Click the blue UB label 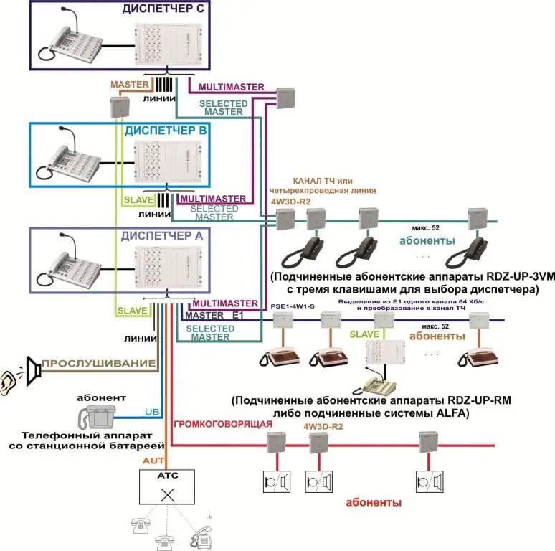[x=152, y=412]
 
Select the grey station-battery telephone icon [x=98, y=415]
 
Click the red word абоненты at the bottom [x=373, y=503]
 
